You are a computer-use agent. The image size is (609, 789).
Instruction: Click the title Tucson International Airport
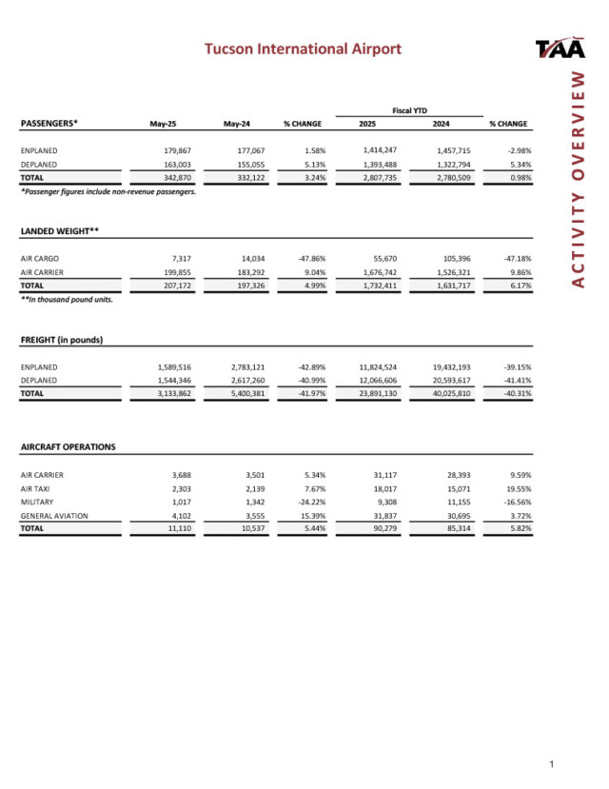(x=304, y=49)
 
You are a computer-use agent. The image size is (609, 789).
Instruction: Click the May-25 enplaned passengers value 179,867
(x=173, y=150)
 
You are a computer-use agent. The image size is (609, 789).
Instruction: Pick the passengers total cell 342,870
(x=173, y=177)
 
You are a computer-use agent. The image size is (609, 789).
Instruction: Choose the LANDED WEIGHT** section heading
(x=60, y=231)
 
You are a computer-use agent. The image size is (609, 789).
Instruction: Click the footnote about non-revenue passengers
(x=108, y=191)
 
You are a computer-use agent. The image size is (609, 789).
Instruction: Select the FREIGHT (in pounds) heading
(x=62, y=340)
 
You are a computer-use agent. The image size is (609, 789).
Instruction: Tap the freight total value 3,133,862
(x=171, y=393)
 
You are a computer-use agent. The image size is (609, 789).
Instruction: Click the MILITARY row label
(x=36, y=502)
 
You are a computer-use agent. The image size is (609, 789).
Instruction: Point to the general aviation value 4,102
(x=179, y=515)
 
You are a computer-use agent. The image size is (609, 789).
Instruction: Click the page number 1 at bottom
(x=553, y=764)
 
